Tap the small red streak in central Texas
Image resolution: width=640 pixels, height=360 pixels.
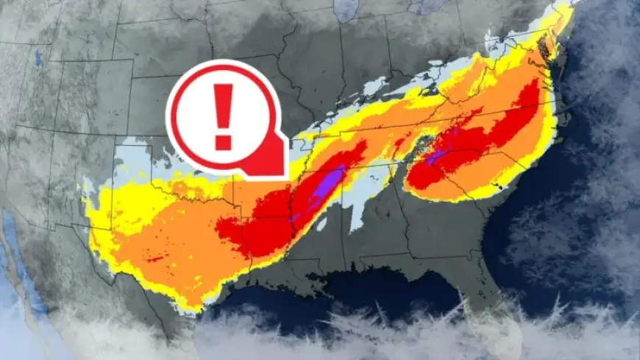click(x=154, y=259)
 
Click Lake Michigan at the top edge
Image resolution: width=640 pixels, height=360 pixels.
click(x=346, y=9)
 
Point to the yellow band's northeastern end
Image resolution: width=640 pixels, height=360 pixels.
click(x=566, y=10)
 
